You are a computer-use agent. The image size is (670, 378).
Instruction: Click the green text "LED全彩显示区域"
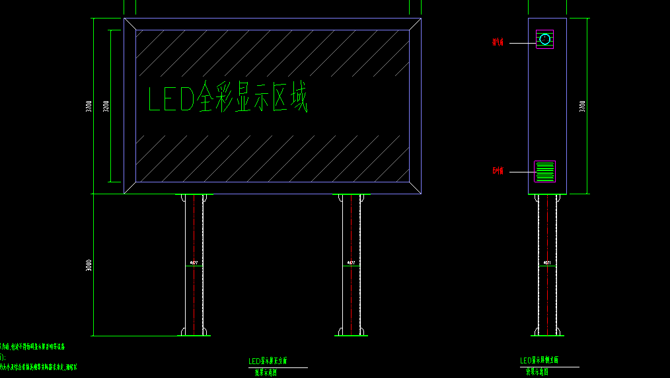227,98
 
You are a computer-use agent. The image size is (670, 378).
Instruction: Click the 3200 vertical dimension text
106,106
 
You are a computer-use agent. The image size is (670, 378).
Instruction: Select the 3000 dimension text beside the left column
89,265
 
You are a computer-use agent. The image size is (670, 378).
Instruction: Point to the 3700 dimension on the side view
582,106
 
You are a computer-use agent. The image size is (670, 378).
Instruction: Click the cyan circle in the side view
544,39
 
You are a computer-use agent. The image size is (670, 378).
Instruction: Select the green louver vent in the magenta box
545,171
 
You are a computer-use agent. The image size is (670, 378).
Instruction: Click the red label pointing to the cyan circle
498,42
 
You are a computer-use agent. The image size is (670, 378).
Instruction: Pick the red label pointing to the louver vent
498,171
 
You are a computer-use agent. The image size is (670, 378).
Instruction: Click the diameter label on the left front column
194,263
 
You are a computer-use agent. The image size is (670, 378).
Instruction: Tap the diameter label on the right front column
351,263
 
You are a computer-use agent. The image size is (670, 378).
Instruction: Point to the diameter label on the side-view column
546,263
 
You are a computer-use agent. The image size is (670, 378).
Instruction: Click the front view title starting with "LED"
268,361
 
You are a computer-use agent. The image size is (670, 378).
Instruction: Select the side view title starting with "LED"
539,360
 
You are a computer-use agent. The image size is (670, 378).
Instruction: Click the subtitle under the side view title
540,371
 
